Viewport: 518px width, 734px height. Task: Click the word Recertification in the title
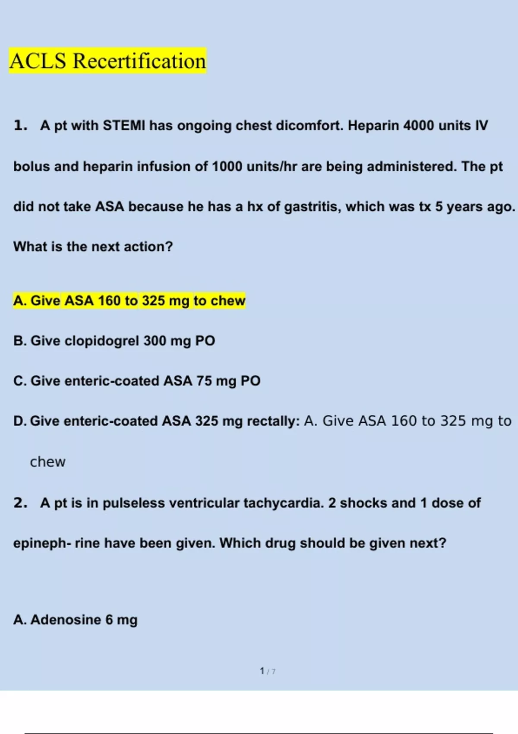pyautogui.click(x=139, y=61)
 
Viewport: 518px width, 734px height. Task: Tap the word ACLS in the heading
pyautogui.click(x=38, y=61)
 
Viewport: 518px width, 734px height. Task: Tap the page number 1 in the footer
pyautogui.click(x=262, y=671)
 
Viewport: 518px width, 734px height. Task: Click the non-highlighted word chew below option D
pyautogui.click(x=47, y=462)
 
